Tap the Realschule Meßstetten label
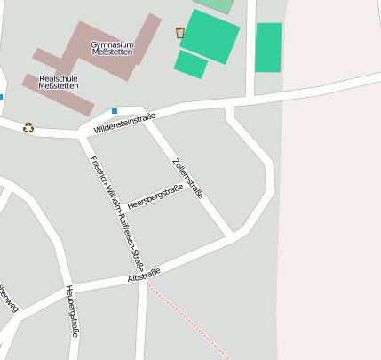(x=58, y=83)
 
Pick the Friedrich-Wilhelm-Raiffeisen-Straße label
(x=116, y=213)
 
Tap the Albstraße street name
(x=144, y=276)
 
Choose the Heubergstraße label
(x=73, y=310)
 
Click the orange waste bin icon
(x=180, y=33)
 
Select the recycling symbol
(x=28, y=127)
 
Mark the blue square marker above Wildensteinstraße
(x=114, y=110)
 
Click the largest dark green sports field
(x=210, y=36)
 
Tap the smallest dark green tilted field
(x=190, y=64)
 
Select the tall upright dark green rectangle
(x=268, y=47)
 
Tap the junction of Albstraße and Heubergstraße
(x=67, y=290)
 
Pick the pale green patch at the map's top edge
(x=215, y=4)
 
